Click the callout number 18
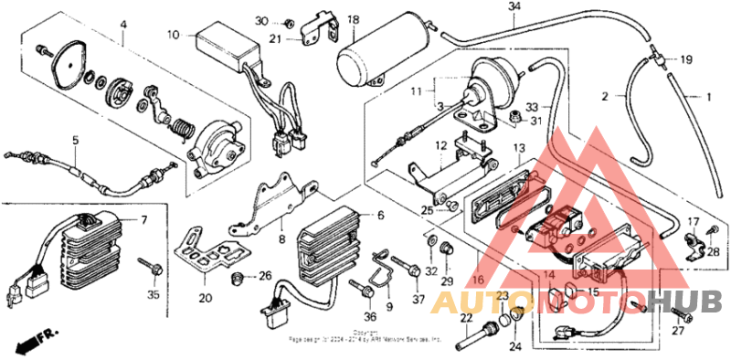click(x=354, y=19)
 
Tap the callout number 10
click(x=173, y=35)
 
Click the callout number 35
click(x=153, y=295)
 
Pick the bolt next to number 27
click(x=682, y=313)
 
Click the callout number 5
click(x=77, y=141)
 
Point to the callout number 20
click(x=206, y=298)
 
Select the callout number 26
click(x=265, y=276)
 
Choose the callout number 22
click(x=465, y=317)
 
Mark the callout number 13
click(x=517, y=148)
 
